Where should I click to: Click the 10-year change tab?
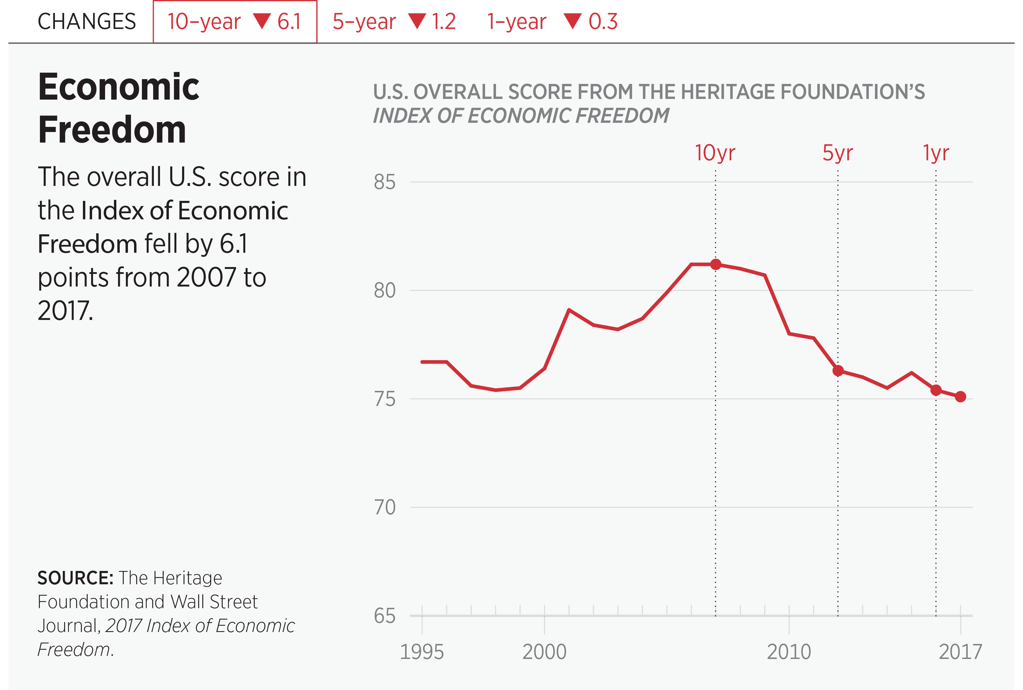(234, 21)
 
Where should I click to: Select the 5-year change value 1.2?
(443, 21)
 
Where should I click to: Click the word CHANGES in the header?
(87, 21)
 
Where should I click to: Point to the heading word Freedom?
(112, 130)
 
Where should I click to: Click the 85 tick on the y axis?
(384, 182)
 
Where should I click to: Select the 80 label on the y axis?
(384, 290)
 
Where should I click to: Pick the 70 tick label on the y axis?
(384, 507)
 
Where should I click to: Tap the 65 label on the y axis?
(384, 616)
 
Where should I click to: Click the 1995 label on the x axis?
(422, 652)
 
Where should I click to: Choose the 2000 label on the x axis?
(544, 652)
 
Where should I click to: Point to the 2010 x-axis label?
(789, 652)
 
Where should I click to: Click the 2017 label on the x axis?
(960, 652)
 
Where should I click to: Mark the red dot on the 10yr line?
(716, 264)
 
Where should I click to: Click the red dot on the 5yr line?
(838, 371)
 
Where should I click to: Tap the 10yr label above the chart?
(715, 153)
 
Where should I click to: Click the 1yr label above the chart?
(936, 153)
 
